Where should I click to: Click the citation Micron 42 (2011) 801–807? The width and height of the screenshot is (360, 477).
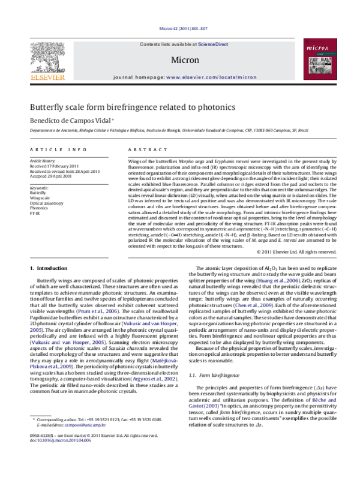click(181, 28)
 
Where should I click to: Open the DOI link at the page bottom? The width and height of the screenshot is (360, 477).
click(58, 461)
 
